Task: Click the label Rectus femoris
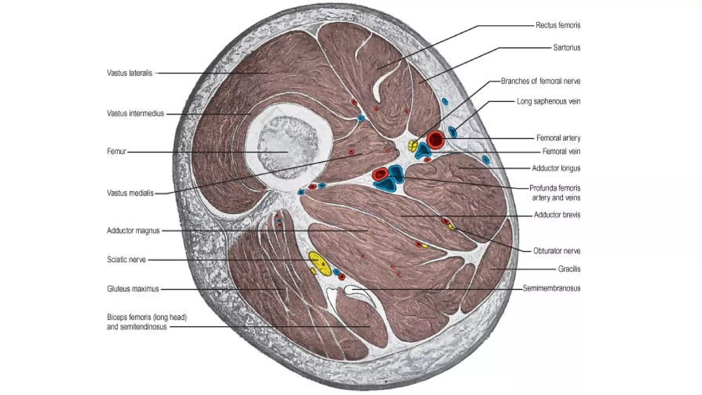pos(558,25)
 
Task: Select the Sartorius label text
pos(567,47)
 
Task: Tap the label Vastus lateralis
pos(129,73)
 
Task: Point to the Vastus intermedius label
pos(135,113)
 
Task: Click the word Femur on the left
pos(117,151)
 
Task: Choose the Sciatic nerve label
pos(126,260)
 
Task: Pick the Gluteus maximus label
pos(133,289)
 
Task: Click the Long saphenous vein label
pos(548,101)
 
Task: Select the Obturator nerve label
pos(557,251)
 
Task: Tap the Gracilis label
pos(569,269)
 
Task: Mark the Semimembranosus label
pos(552,288)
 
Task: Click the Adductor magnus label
pos(133,230)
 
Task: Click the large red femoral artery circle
pos(436,139)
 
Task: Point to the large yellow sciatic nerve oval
pos(319,263)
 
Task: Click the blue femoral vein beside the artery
pos(423,151)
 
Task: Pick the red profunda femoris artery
pos(379,175)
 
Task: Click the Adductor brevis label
pos(557,215)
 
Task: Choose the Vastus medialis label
pos(130,193)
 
